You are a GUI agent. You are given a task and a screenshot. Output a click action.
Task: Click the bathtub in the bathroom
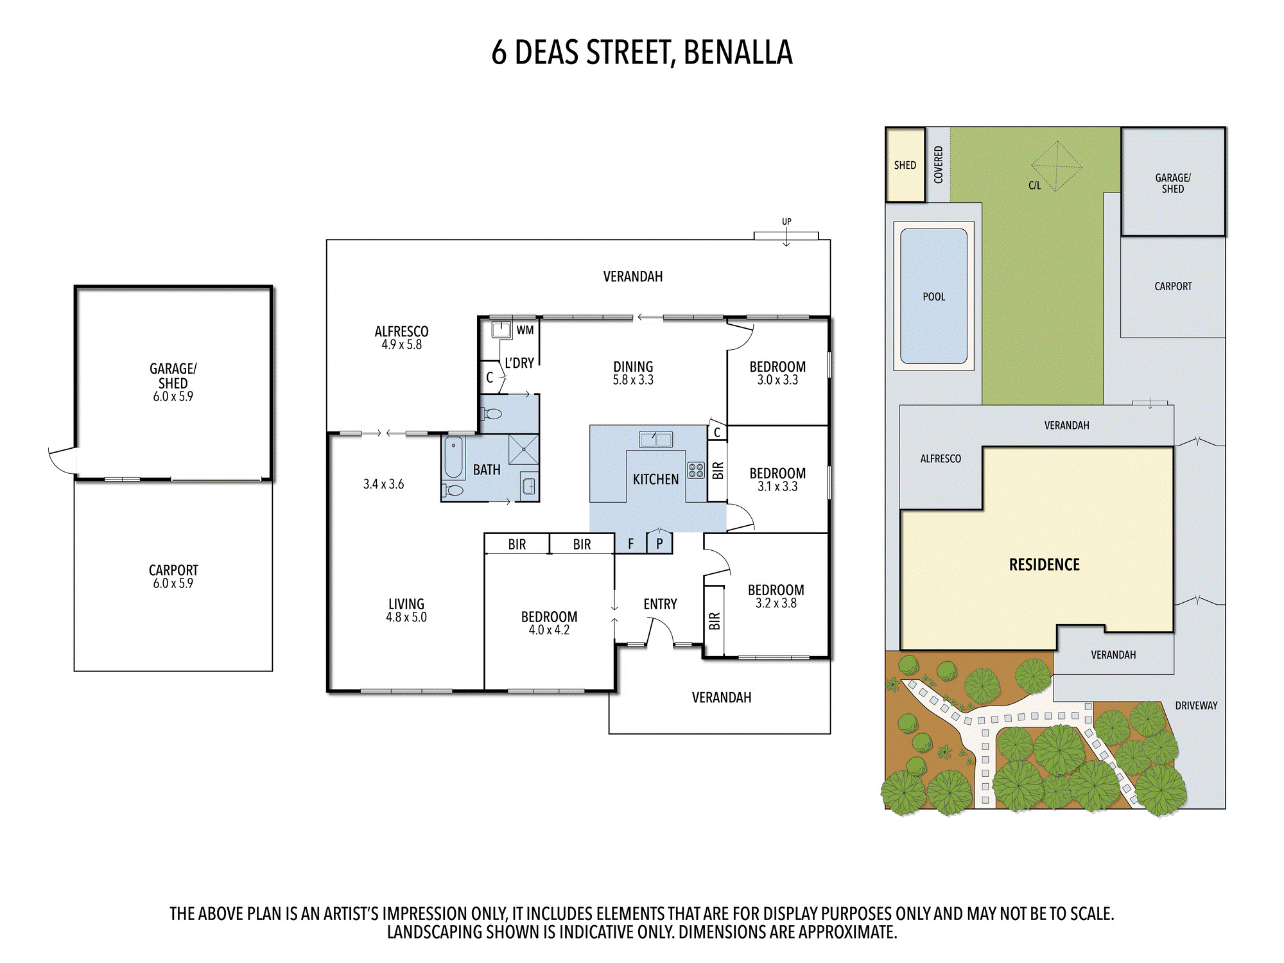coord(453,457)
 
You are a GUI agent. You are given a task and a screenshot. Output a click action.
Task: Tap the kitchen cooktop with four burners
coord(696,471)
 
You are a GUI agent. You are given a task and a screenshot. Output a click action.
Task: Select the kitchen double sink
coord(656,439)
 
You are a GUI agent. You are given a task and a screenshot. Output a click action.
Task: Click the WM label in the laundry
coord(525,330)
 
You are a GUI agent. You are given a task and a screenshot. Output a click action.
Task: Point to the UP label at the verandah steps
coord(786,221)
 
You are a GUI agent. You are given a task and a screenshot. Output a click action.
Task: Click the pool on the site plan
coord(934,296)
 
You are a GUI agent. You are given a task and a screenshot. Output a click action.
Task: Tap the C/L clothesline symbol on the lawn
coord(1056,167)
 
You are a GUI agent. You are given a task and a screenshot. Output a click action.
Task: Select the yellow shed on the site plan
coord(905,165)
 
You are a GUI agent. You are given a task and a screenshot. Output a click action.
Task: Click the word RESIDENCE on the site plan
coord(1045,565)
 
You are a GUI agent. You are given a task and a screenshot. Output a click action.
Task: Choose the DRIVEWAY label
coord(1196,706)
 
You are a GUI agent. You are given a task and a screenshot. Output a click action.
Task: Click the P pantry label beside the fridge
coord(659,544)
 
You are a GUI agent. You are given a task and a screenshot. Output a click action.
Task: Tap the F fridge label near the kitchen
coord(630,544)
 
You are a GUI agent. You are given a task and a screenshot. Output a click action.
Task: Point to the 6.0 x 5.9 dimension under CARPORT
coord(173,584)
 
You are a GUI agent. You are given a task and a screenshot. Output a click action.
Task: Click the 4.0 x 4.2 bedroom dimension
coord(549,630)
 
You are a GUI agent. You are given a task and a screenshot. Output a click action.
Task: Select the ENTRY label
coord(660,604)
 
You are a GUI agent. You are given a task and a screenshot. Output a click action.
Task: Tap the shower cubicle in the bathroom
coord(524,449)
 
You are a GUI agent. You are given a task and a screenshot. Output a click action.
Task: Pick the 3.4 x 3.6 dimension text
coord(383,484)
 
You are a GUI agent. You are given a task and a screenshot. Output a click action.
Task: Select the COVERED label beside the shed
coord(938,165)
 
